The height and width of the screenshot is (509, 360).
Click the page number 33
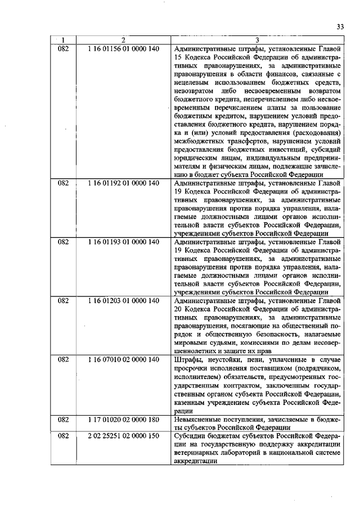pos(340,26)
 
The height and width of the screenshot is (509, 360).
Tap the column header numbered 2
pos(123,40)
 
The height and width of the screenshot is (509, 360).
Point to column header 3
pos(256,40)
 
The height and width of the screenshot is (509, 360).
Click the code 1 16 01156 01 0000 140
pos(124,49)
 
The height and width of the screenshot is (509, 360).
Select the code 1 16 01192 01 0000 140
pos(124,183)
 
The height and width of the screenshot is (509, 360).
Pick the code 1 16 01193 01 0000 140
pos(124,242)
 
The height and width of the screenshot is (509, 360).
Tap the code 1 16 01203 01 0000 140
pos(124,301)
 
